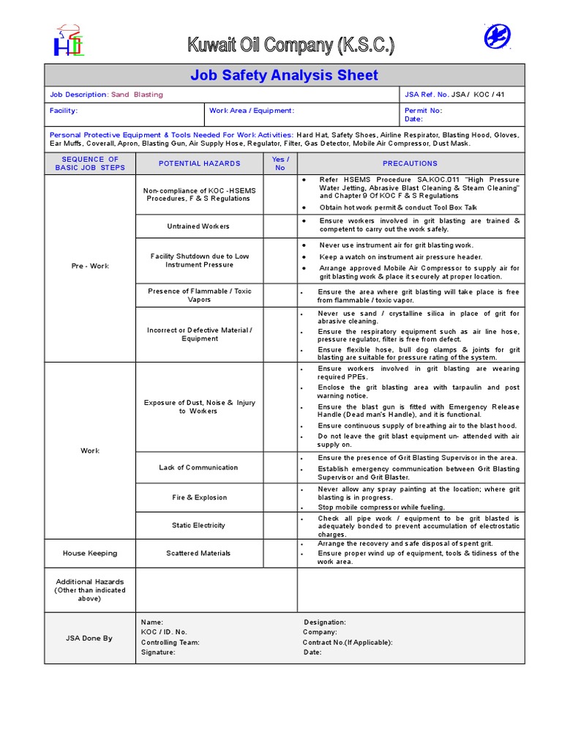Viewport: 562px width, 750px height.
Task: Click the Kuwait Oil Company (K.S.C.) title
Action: click(291, 45)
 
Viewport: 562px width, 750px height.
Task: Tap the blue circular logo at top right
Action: click(498, 36)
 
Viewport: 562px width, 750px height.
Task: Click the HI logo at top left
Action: click(67, 42)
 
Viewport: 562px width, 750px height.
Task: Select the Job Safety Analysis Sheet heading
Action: click(284, 75)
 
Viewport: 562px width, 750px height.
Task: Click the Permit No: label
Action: click(424, 111)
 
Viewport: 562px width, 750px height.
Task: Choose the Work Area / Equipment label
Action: click(252, 111)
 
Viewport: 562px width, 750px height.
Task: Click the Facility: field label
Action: click(64, 111)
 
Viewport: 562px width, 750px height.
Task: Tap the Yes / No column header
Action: click(280, 163)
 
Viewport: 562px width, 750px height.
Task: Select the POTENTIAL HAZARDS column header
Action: click(199, 163)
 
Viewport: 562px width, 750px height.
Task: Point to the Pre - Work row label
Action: click(90, 266)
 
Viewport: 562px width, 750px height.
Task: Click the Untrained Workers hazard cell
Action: click(198, 226)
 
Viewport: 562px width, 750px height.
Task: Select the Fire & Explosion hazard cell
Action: click(199, 497)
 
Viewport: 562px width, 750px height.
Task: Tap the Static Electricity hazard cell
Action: click(199, 525)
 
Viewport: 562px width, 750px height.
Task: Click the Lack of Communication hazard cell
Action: click(198, 467)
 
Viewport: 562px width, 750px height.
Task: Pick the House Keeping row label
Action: click(90, 553)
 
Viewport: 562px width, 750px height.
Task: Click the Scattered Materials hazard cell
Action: click(198, 553)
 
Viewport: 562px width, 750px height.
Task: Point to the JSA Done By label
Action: click(90, 638)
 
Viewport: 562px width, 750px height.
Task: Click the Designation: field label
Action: click(325, 622)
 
